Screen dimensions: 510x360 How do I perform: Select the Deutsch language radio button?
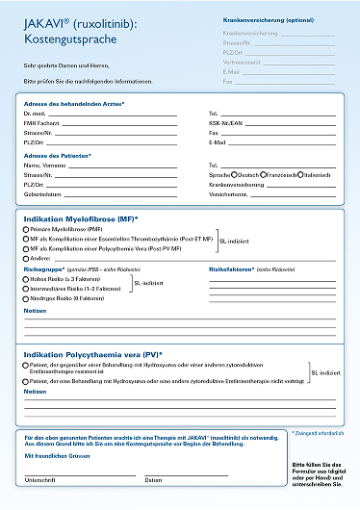235,175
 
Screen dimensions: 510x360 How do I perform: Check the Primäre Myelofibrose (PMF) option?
25,231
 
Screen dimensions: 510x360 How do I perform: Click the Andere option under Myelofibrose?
25,258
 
